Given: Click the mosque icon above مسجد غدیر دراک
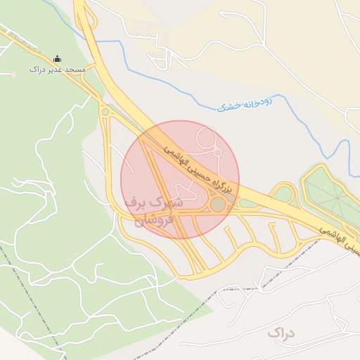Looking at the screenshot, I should coord(57,58).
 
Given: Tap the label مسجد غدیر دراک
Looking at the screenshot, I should coord(57,70).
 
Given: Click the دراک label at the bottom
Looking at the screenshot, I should coord(281,331).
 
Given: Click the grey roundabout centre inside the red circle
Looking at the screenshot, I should coord(218,205).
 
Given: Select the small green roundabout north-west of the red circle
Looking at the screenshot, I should coord(105,111).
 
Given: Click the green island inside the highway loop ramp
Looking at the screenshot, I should coord(283,193).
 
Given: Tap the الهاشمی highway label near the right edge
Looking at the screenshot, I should coord(340,238).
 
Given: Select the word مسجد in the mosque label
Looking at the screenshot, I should coord(74,70).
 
